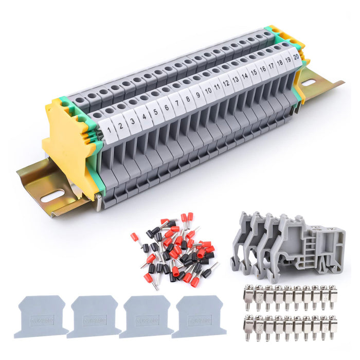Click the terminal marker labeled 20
click(x=296, y=56)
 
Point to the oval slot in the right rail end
click(x=308, y=82)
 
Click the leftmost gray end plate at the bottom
click(x=41, y=316)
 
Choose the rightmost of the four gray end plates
click(x=198, y=316)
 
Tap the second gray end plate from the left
click(x=93, y=316)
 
